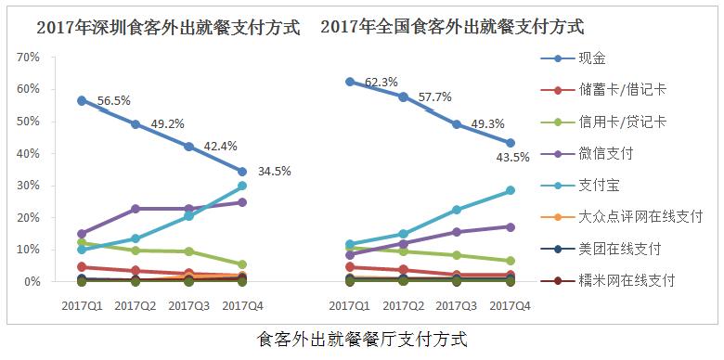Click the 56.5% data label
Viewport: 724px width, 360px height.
[115, 101]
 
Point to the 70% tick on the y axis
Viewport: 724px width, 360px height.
[28, 58]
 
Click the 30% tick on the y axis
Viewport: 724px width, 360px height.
[28, 186]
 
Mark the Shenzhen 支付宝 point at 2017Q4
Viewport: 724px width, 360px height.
[241, 186]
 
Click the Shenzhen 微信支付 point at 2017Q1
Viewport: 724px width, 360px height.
[82, 234]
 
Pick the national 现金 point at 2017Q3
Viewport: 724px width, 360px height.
[456, 123]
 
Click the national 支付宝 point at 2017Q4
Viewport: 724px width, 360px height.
[510, 190]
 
